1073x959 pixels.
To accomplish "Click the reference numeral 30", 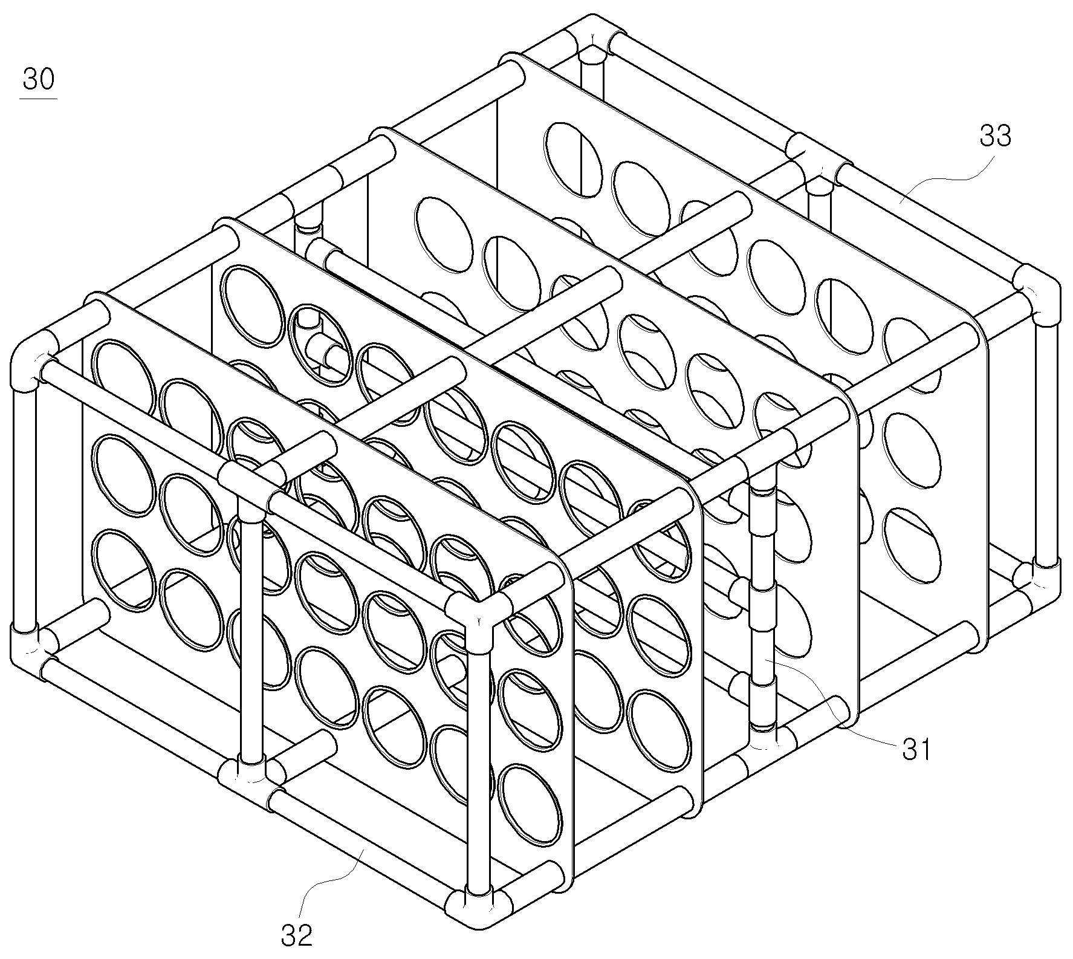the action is [38, 79].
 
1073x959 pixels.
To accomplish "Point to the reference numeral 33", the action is [995, 137].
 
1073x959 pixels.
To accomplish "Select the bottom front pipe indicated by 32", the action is [360, 846].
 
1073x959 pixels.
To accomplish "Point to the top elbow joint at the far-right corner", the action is [1037, 296].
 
